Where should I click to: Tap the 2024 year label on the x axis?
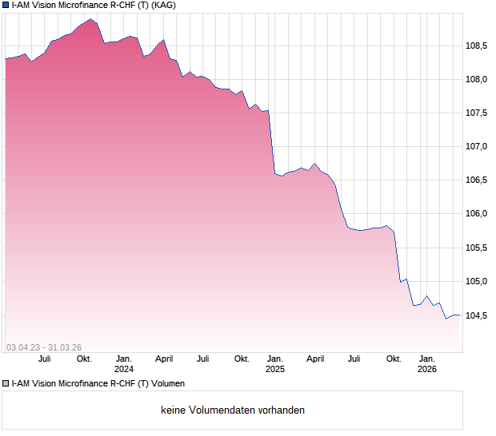click(124, 369)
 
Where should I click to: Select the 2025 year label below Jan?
click(275, 369)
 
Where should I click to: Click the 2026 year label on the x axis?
click(427, 369)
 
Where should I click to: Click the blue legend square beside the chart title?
click(6, 6)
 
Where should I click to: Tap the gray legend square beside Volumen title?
click(6, 384)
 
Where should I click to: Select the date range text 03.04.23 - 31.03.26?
click(44, 347)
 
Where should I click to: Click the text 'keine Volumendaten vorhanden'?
click(233, 410)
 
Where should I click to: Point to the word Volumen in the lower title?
click(167, 384)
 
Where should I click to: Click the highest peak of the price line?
click(90, 18)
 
